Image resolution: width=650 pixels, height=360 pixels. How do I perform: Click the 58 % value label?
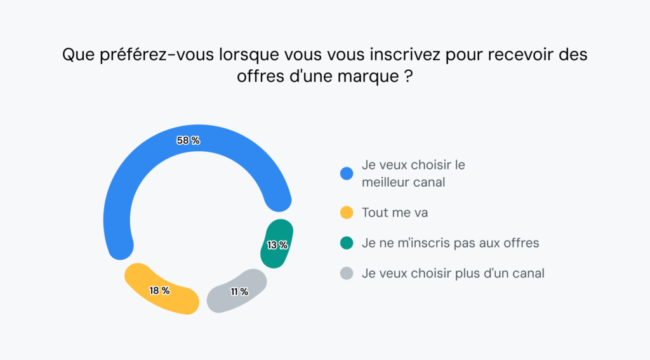188,141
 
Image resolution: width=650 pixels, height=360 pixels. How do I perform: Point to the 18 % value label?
159,291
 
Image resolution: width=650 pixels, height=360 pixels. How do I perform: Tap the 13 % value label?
277,245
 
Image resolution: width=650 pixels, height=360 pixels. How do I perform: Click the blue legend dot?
347,173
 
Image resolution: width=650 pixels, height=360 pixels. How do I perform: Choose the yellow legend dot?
347,213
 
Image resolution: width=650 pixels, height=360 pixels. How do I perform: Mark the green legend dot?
347,243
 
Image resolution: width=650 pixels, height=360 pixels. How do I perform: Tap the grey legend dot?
347,274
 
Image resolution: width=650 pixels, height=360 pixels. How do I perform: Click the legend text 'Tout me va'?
395,213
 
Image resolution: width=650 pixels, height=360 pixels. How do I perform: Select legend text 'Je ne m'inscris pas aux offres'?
450,243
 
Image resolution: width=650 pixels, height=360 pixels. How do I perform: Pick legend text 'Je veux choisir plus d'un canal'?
453,274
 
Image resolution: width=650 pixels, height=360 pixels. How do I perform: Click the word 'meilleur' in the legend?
384,182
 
